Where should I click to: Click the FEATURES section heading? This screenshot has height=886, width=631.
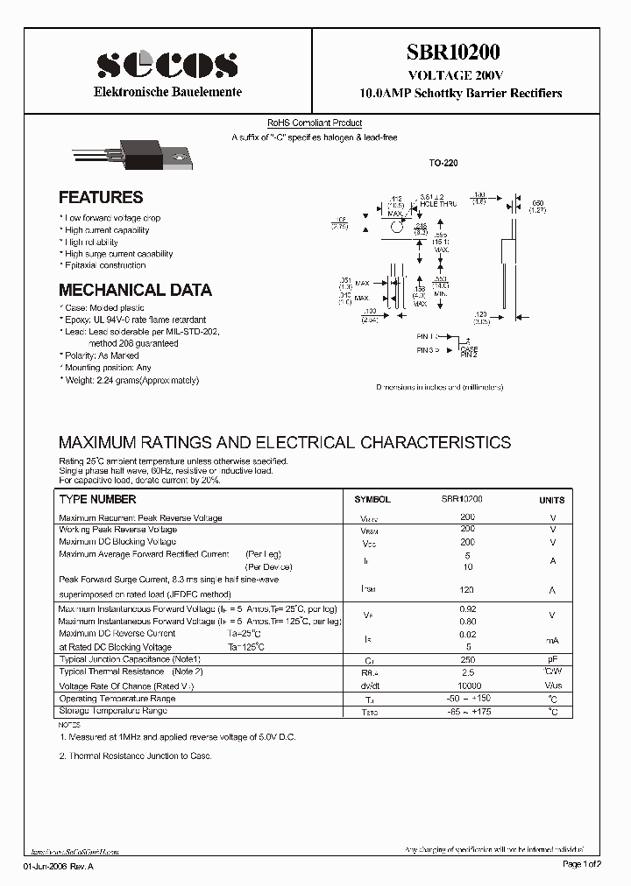click(101, 198)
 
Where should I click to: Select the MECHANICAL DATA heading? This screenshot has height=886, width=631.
click(135, 290)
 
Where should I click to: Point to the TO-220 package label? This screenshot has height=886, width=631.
click(443, 164)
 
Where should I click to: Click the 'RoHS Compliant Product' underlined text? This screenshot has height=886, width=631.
click(315, 123)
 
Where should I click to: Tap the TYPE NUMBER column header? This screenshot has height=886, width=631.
click(97, 500)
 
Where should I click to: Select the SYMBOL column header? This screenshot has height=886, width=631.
click(372, 500)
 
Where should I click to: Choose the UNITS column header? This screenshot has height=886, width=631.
click(552, 500)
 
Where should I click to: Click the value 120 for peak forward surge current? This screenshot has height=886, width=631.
click(467, 591)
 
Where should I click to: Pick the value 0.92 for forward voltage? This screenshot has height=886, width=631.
click(467, 608)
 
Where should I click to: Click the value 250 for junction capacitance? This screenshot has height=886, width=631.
click(467, 658)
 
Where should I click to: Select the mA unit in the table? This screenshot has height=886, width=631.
click(552, 640)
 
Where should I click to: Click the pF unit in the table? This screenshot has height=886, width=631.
click(552, 658)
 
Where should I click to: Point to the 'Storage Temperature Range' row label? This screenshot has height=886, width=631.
click(112, 711)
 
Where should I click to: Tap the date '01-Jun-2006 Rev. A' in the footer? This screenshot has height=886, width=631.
click(57, 864)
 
